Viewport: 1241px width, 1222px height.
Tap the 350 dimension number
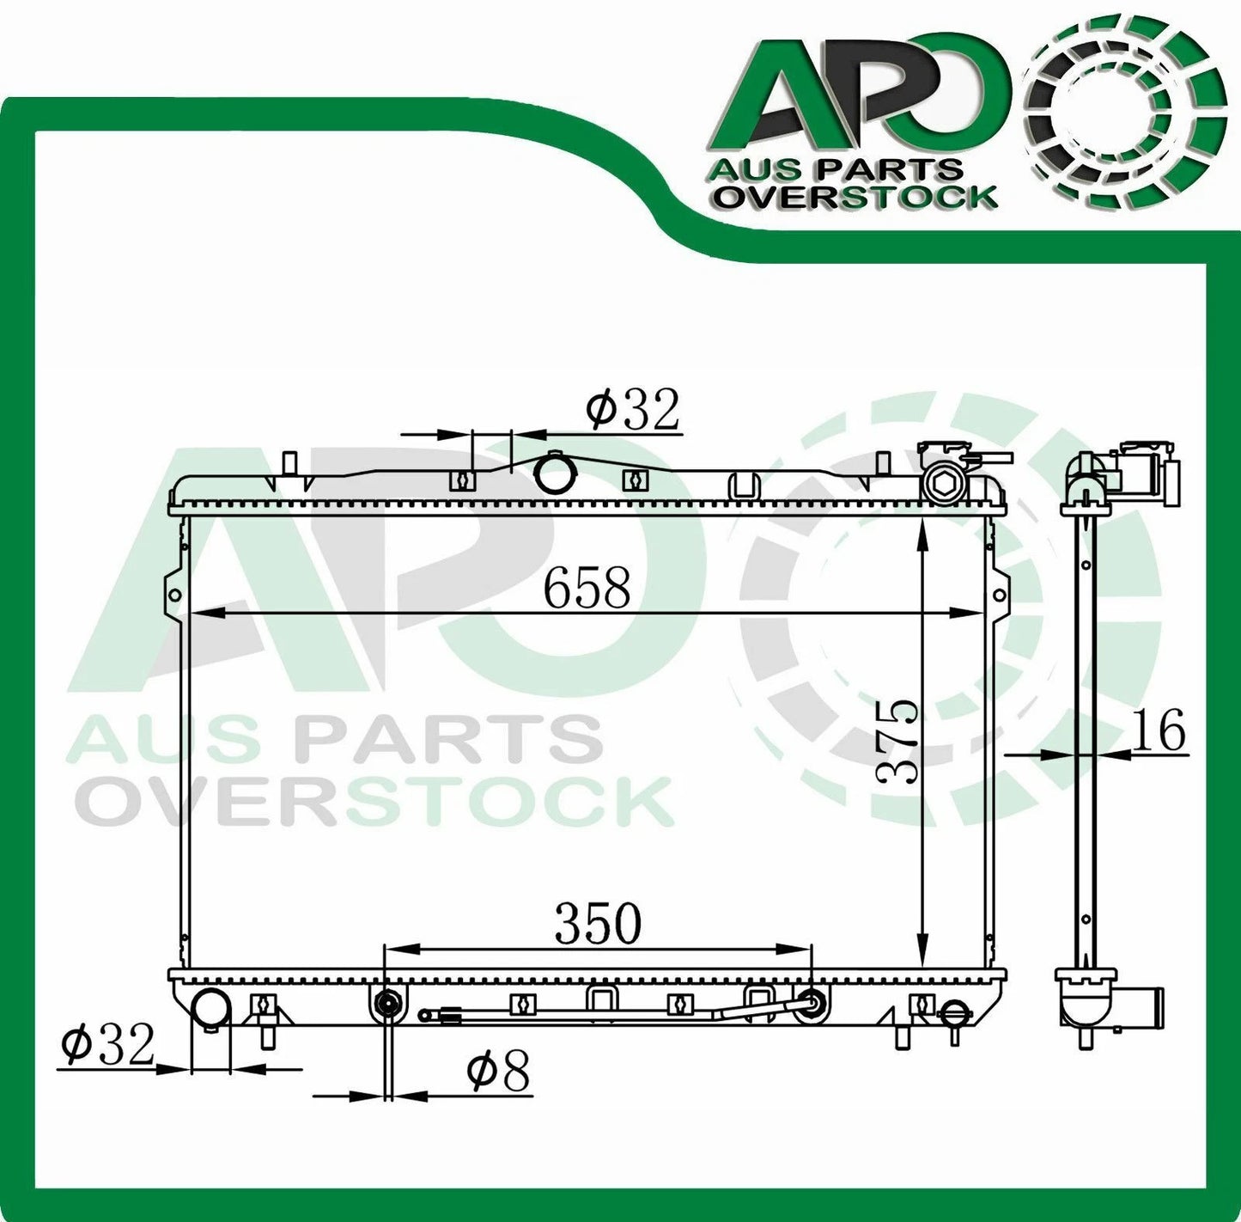pyautogui.click(x=598, y=924)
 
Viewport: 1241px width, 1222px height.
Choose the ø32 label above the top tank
pyautogui.click(x=632, y=410)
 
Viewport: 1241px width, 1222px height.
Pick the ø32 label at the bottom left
pyautogui.click(x=107, y=1045)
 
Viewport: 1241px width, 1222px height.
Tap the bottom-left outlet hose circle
pyautogui.click(x=210, y=1007)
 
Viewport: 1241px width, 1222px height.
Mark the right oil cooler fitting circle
pyautogui.click(x=809, y=1003)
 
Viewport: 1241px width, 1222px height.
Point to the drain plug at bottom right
pyautogui.click(x=954, y=1013)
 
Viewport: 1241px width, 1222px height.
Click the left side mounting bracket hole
pyautogui.click(x=173, y=595)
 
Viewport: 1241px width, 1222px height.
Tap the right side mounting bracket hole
pyautogui.click(x=999, y=595)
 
